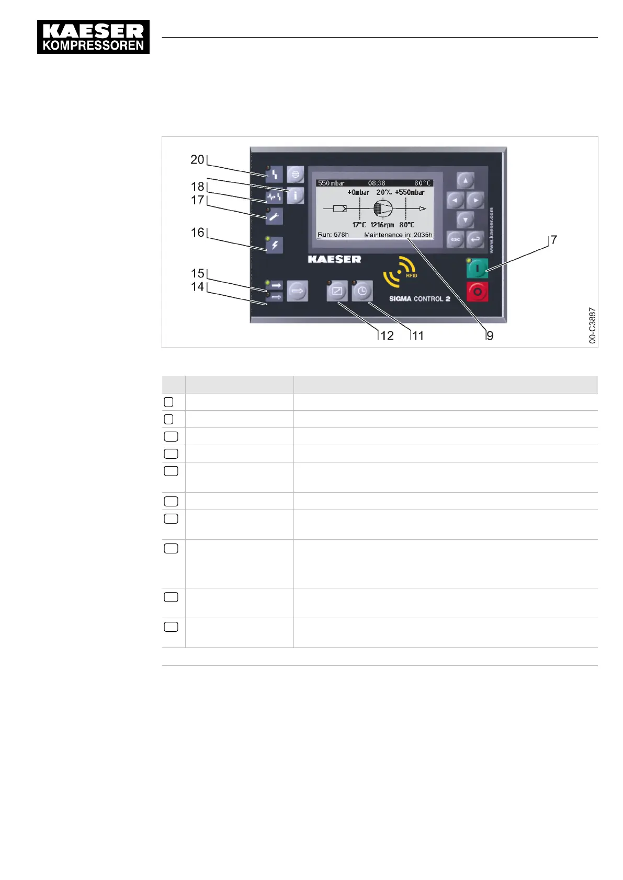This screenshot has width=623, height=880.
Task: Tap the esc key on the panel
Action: [x=455, y=239]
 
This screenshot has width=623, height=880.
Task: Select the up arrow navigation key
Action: [x=466, y=180]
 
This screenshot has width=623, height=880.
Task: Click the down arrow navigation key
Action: [x=466, y=219]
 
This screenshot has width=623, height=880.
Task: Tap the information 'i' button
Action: [x=296, y=195]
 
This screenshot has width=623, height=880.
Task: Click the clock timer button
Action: [x=362, y=291]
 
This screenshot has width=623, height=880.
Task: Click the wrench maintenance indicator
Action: [x=274, y=216]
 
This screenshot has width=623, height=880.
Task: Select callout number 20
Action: [x=197, y=159]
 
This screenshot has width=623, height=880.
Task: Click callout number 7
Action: [x=554, y=240]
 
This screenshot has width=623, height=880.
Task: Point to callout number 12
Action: [x=387, y=335]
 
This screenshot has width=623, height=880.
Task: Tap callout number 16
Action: [x=197, y=232]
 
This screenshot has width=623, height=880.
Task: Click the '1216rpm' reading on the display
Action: [x=382, y=225]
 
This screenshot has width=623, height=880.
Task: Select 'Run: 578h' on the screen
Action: [x=333, y=235]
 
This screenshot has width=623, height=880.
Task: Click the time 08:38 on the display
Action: [x=377, y=183]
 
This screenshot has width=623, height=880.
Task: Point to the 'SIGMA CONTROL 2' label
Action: [x=420, y=299]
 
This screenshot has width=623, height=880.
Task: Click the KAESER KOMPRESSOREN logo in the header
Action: [x=93, y=37]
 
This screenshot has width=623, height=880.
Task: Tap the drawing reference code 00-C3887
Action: [x=592, y=325]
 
